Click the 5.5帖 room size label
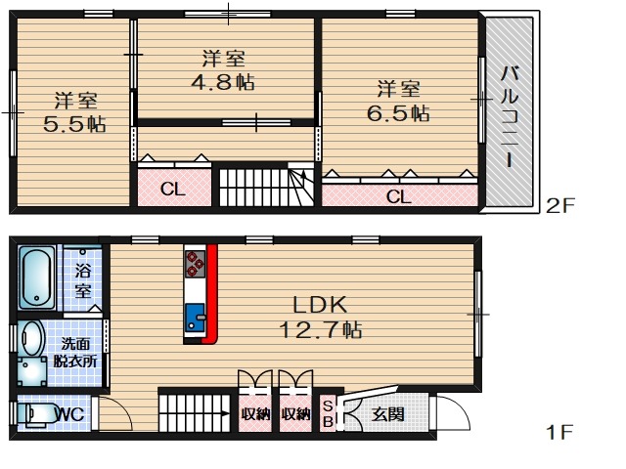tap(74, 124)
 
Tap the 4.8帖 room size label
tap(223, 82)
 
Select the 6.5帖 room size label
tap(398, 113)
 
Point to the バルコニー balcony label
tap(510, 116)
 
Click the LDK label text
tap(320, 305)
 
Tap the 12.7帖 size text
tap(321, 330)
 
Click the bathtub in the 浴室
tap(37, 277)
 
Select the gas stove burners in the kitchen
tap(195, 264)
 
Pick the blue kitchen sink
tap(195, 318)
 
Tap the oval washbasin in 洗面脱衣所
tap(32, 339)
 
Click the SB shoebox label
tap(328, 413)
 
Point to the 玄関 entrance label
tap(387, 414)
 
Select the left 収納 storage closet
tap(255, 414)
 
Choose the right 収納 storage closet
tap(295, 414)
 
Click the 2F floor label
tap(559, 206)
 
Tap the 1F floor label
tap(559, 432)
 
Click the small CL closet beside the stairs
tap(174, 189)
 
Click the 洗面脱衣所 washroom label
tap(75, 353)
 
